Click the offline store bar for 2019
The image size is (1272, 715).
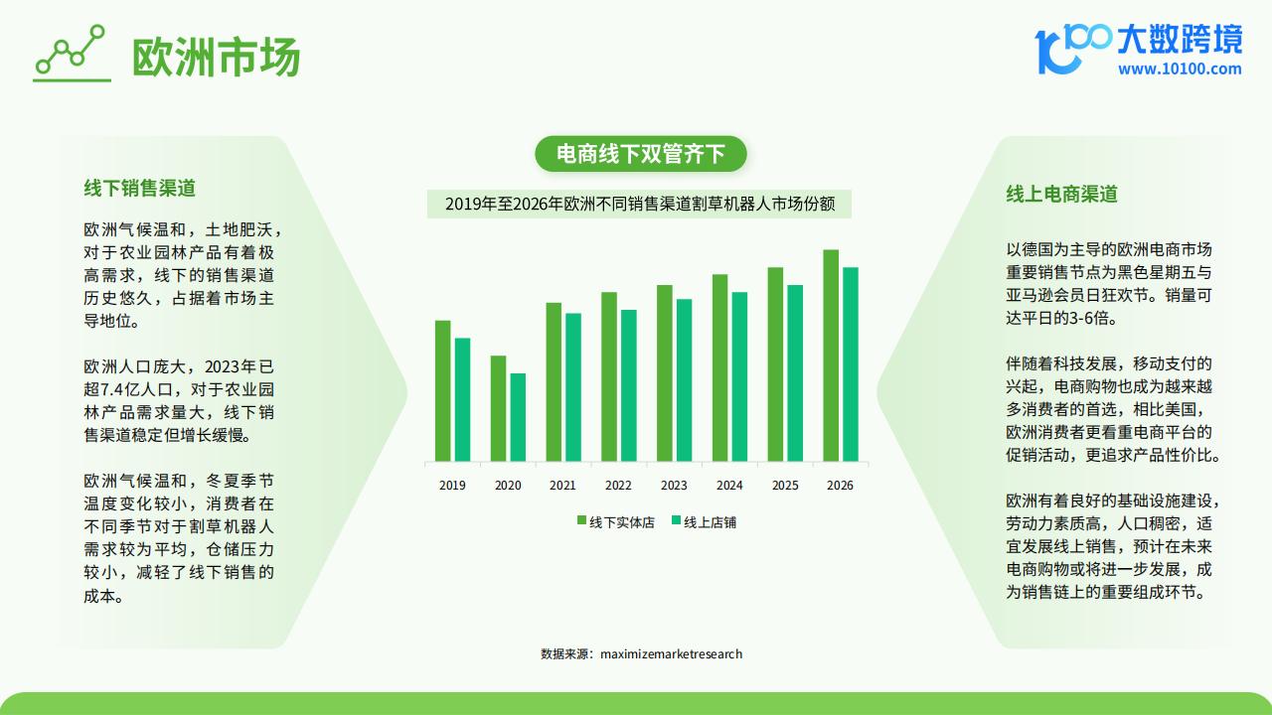coord(443,391)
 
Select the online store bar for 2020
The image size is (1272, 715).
coord(518,417)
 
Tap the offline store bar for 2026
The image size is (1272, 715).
coord(831,356)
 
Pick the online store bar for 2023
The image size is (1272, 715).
coord(685,380)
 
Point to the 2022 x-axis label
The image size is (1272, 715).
coord(618,486)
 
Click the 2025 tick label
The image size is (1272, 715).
coord(785,486)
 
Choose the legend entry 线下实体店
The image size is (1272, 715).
coord(616,522)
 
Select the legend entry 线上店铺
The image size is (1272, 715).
coord(705,522)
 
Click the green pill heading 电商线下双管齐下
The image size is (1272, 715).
coord(641,154)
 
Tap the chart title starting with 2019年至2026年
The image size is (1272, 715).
coord(639,204)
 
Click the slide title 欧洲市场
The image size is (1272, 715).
coord(216,57)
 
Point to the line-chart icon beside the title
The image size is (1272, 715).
coord(72,53)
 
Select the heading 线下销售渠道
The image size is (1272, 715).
coord(140,188)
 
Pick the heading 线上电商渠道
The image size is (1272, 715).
coord(1062,194)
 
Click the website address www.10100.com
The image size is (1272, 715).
coord(1180,70)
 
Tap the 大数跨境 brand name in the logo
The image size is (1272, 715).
coord(1180,39)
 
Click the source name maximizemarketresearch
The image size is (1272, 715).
coord(671,654)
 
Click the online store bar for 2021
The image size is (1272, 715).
coord(573,387)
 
